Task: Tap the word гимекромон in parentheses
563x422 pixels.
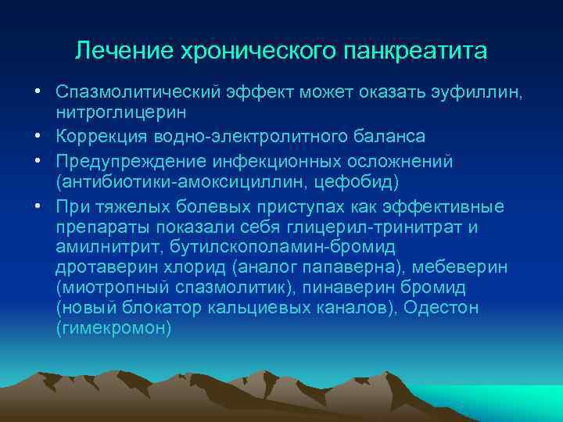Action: coord(113,329)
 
